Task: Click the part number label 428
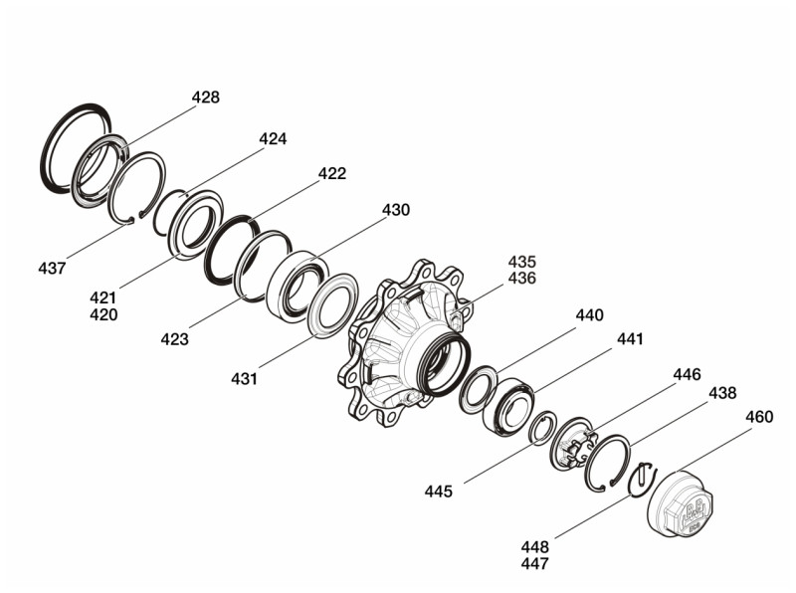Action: click(x=206, y=98)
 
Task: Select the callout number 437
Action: click(x=52, y=268)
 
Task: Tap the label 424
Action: click(x=273, y=138)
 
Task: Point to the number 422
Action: click(x=332, y=173)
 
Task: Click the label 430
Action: click(x=396, y=210)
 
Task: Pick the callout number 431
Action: click(x=244, y=378)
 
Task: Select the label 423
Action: click(x=174, y=339)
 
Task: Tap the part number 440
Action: click(x=589, y=314)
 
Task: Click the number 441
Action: click(x=630, y=339)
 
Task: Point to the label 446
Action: click(x=687, y=374)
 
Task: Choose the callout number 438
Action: click(x=722, y=393)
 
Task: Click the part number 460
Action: click(x=759, y=417)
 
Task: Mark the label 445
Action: click(x=439, y=491)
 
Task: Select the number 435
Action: click(x=521, y=262)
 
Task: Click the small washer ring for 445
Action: click(x=542, y=429)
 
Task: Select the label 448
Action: click(x=534, y=546)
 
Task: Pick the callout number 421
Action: click(x=102, y=297)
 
